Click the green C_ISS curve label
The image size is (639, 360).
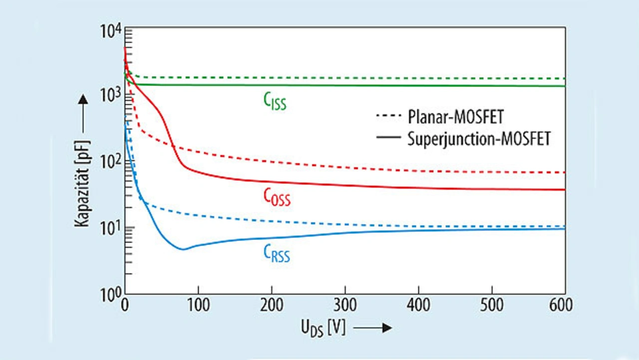[275, 101]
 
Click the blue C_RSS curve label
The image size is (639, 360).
[276, 254]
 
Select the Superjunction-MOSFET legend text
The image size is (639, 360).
[479, 138]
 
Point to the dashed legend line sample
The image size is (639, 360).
[387, 118]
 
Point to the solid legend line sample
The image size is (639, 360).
[387, 138]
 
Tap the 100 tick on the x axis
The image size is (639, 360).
[198, 304]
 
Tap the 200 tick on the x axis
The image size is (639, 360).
[272, 304]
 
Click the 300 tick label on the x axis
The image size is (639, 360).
[345, 304]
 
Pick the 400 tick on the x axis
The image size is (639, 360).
[418, 304]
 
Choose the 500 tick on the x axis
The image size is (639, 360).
[492, 304]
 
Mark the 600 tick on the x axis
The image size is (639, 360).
[562, 304]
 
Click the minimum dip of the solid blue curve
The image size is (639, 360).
[183, 249]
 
